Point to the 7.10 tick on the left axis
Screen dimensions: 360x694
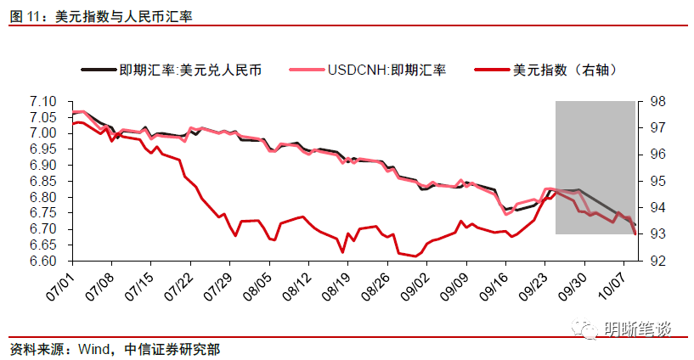42,101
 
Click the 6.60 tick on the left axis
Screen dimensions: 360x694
42,261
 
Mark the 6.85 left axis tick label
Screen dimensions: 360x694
42,181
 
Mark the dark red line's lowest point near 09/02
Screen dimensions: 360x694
415,256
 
